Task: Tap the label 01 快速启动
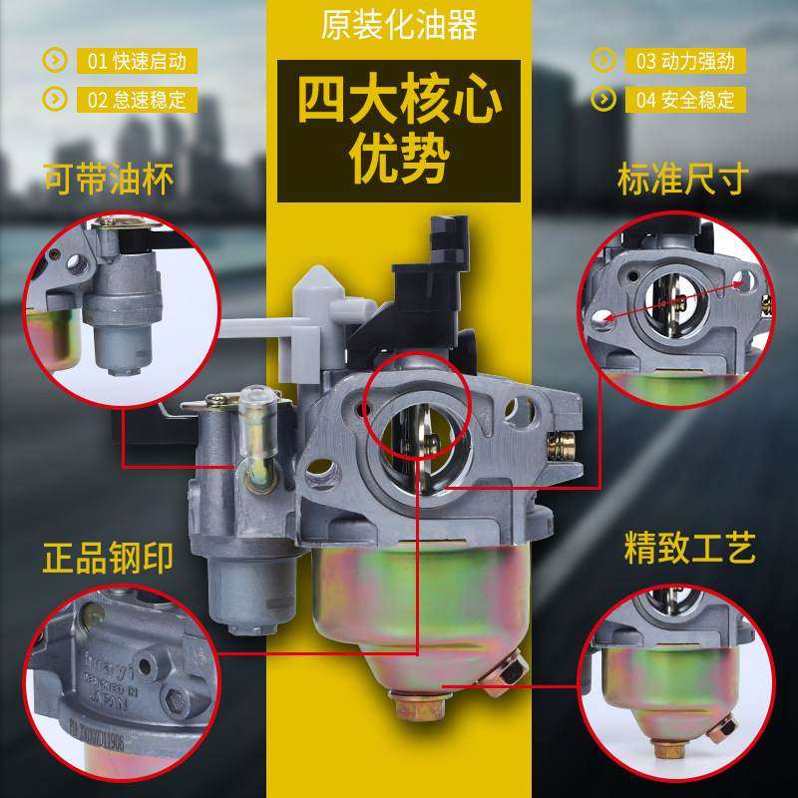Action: click(x=137, y=61)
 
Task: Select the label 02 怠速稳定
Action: click(x=137, y=99)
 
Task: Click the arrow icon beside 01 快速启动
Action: click(x=54, y=61)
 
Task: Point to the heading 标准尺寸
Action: click(x=682, y=181)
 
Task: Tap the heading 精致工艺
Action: click(x=689, y=547)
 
